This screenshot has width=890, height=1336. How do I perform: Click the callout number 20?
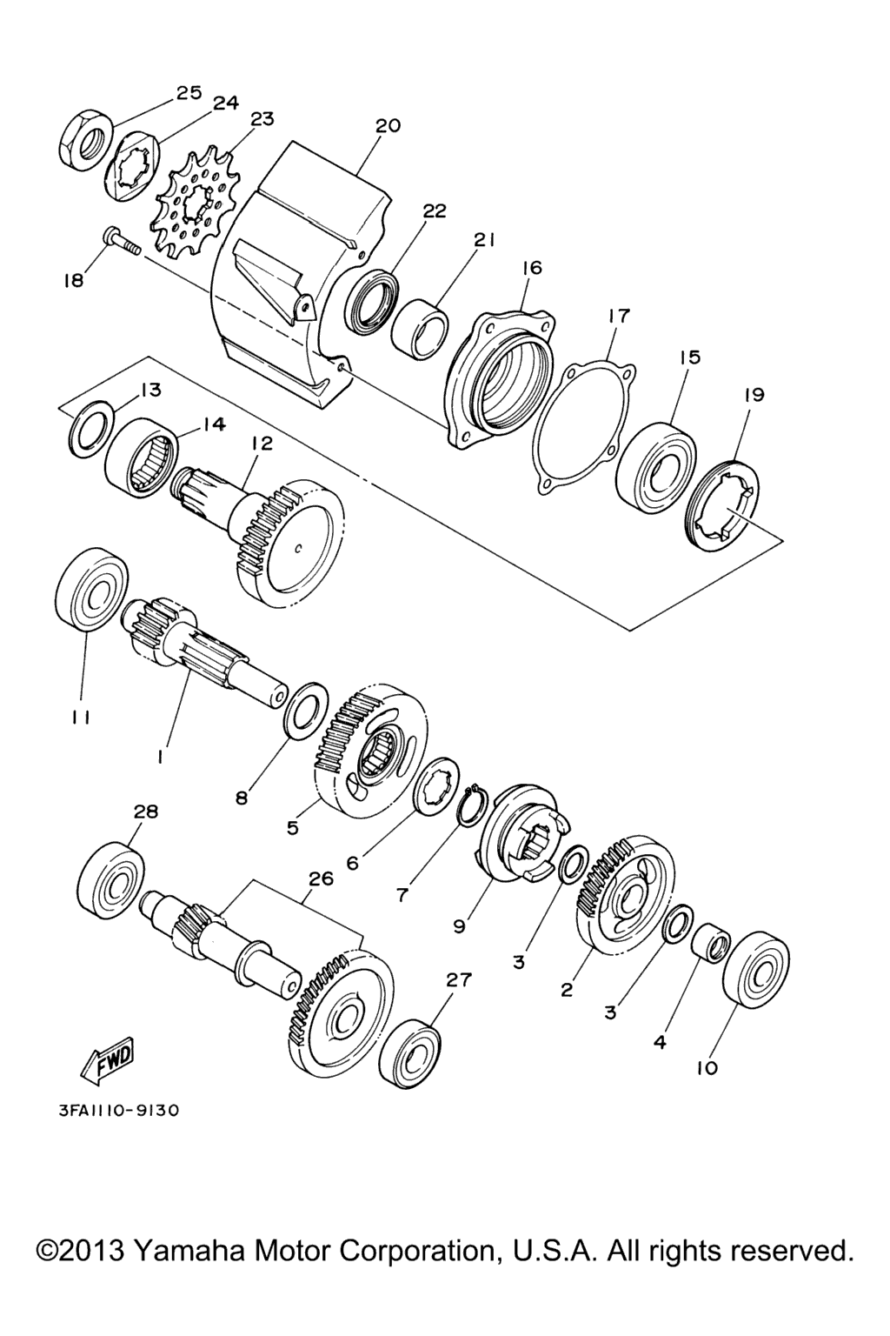[388, 126]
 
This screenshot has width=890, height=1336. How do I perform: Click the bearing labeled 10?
[755, 969]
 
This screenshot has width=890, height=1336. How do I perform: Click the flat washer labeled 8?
[308, 711]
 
